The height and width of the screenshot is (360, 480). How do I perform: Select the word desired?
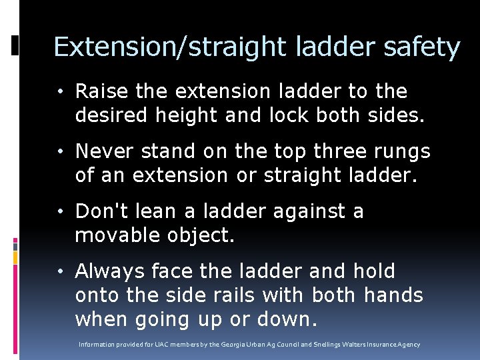(111, 115)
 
